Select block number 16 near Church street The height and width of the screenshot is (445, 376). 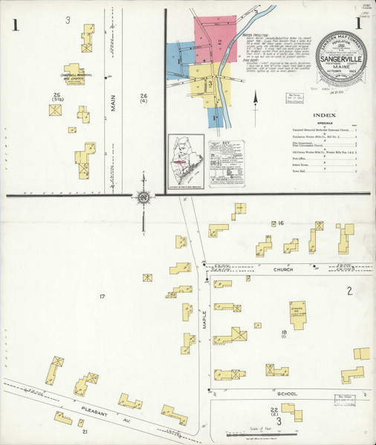coord(281,222)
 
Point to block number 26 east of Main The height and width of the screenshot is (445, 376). coord(143,96)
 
